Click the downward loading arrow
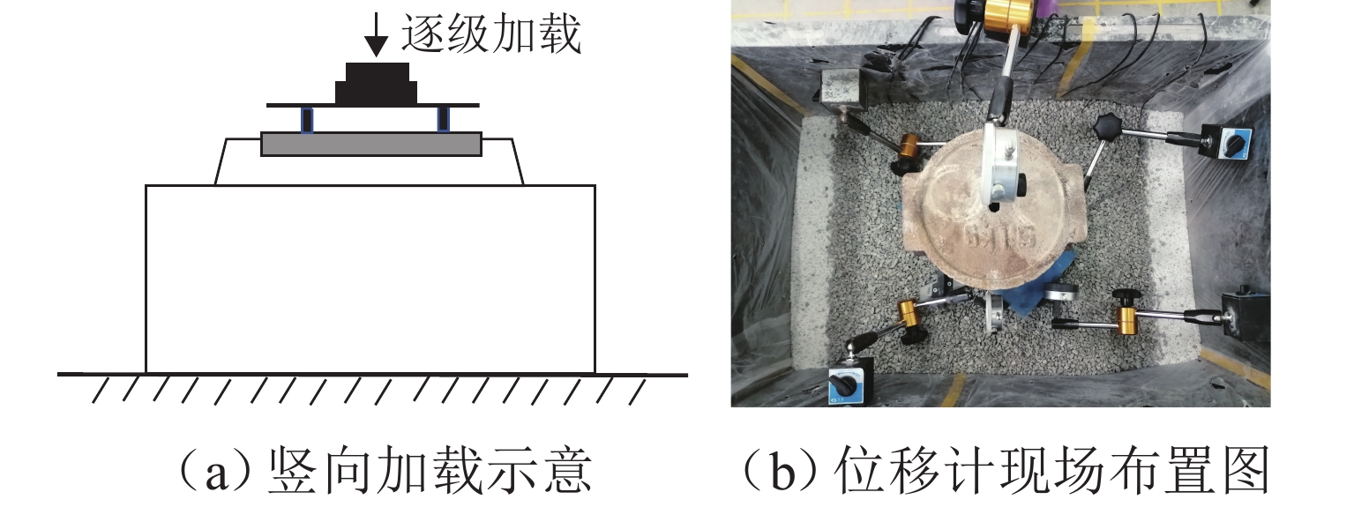click(376, 35)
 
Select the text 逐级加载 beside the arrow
click(491, 34)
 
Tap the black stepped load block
click(377, 84)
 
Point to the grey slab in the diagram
click(371, 145)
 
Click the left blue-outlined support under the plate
click(308, 120)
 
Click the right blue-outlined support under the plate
click(445, 120)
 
